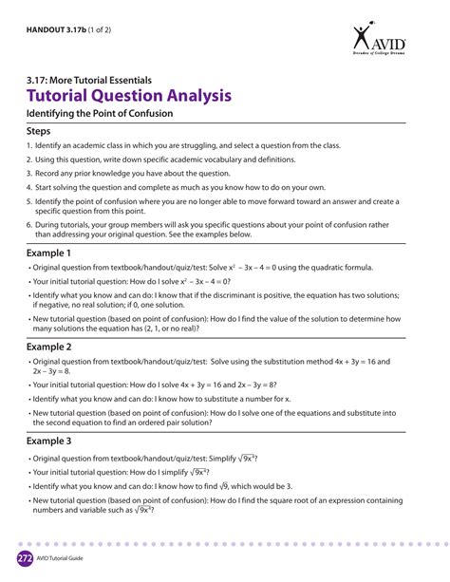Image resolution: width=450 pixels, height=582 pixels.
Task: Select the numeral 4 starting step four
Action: point(28,187)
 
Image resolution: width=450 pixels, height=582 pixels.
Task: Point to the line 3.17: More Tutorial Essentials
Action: point(89,80)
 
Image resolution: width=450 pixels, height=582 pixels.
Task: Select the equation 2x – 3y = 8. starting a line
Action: point(49,372)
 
